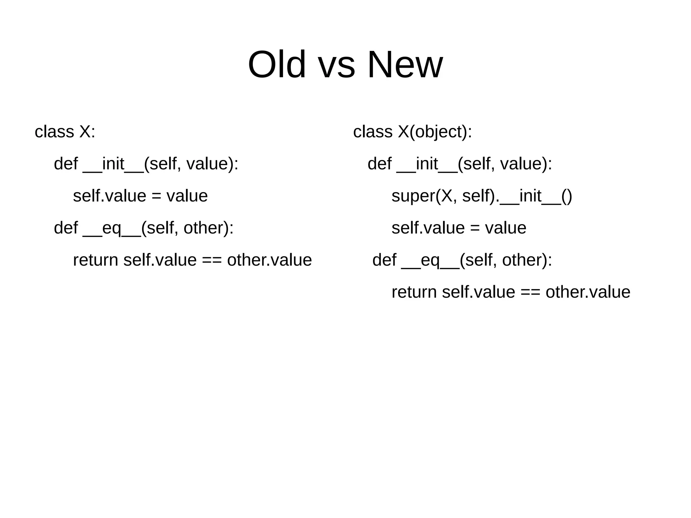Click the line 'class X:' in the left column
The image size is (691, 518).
65,131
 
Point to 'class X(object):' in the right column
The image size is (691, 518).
412,131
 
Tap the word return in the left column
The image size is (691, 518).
95,260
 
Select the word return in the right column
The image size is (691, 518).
414,292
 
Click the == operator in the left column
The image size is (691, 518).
212,260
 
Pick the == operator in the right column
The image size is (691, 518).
530,292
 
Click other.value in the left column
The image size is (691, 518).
269,260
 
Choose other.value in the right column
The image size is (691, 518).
588,292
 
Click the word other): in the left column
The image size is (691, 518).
209,228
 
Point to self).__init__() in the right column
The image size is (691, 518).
517,196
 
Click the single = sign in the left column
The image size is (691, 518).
156,196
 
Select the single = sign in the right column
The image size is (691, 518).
475,228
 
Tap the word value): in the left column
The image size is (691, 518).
212,164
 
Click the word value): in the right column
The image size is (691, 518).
526,164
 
